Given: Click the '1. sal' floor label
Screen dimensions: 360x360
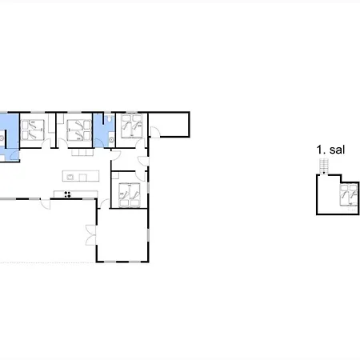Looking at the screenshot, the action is [330, 150].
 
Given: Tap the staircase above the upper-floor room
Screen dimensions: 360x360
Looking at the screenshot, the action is [324, 166].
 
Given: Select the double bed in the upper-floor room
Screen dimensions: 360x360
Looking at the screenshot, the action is [349, 195].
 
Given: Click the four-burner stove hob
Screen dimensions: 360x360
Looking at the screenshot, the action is [67, 194].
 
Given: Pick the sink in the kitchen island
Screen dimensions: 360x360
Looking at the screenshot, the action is [70, 177].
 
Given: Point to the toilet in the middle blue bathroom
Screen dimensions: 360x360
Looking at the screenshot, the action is [109, 118].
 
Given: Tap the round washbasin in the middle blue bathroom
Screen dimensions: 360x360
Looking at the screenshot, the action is [111, 140].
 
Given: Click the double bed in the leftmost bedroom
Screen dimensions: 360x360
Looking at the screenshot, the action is [33, 130].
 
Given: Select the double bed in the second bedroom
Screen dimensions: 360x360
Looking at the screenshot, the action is [79, 130].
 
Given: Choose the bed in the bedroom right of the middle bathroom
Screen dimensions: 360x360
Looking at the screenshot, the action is [131, 126].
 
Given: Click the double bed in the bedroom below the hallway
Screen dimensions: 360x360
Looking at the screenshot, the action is [130, 195].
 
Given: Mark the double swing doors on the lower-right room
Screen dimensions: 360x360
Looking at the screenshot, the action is [91, 235].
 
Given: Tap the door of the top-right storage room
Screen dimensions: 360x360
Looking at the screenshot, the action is [155, 132].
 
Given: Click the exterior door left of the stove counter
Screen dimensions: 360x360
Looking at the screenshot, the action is [46, 204].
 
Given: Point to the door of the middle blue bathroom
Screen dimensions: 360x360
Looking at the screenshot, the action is [99, 143].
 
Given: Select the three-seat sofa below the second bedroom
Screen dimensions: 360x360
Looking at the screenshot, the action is [82, 152].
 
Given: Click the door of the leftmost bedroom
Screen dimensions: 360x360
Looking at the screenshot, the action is [46, 143].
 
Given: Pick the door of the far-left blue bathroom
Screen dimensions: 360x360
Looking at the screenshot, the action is [14, 155].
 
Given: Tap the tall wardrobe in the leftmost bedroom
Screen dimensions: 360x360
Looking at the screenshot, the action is [51, 123].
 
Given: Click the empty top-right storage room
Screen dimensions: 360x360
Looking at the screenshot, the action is [169, 125].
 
